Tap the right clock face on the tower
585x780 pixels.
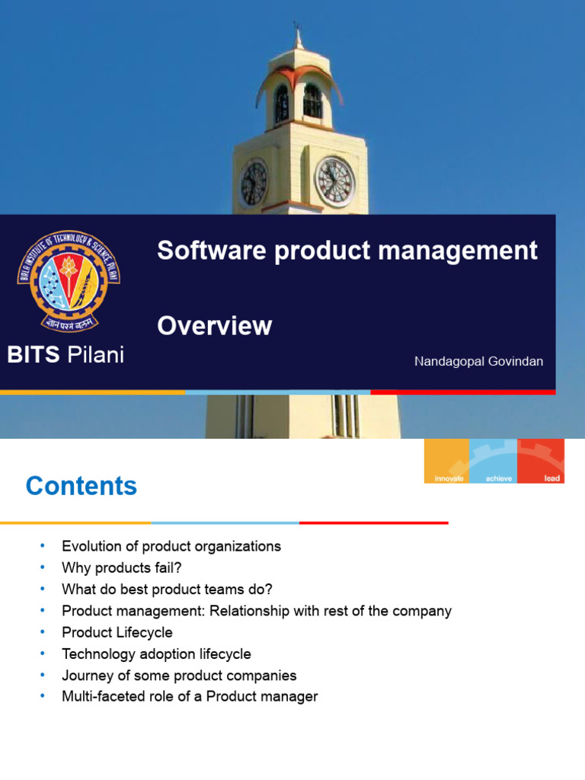(x=334, y=181)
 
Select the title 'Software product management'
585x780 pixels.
(x=347, y=251)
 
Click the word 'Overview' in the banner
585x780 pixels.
(x=214, y=326)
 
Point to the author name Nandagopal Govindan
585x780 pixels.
(x=478, y=362)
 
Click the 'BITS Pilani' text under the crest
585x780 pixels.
(x=66, y=355)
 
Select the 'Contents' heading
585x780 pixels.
(x=82, y=486)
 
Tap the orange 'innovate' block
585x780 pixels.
(x=446, y=462)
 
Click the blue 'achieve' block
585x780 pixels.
(x=493, y=462)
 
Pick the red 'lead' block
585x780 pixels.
(x=542, y=462)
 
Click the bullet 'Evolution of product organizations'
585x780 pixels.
(x=171, y=546)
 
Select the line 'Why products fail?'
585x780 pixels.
(x=121, y=567)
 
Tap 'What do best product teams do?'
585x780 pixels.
(x=167, y=589)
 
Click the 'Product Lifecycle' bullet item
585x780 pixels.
(x=117, y=632)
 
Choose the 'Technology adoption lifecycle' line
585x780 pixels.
(x=156, y=654)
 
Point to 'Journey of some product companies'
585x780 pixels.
(x=179, y=676)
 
